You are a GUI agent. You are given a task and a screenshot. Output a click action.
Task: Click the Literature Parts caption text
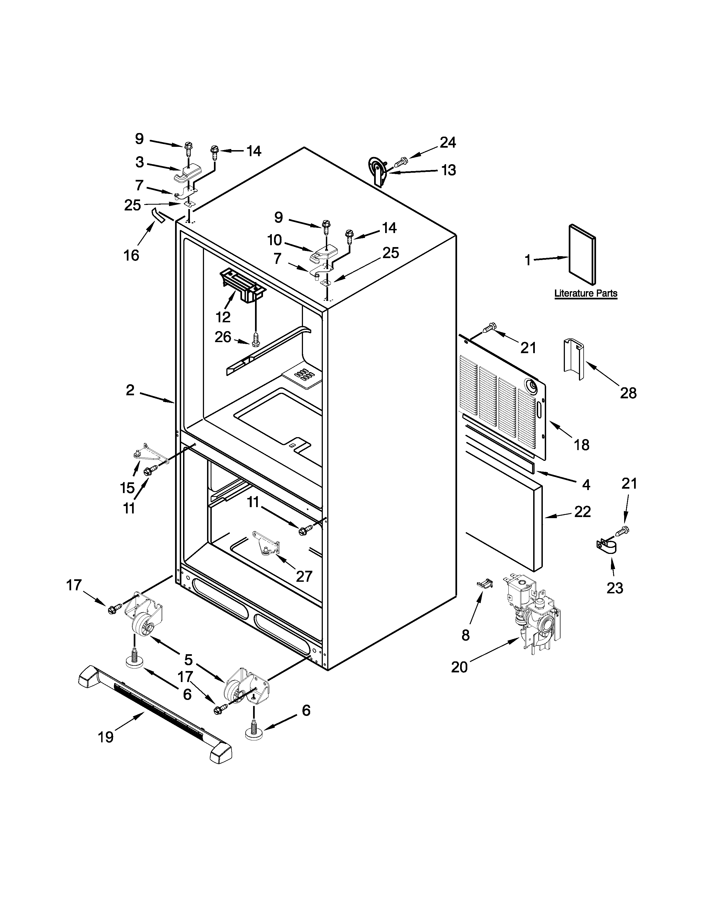586,293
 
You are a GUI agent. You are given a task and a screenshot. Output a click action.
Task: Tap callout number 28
628,393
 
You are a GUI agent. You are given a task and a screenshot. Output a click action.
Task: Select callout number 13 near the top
449,170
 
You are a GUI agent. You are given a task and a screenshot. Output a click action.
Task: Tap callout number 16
131,255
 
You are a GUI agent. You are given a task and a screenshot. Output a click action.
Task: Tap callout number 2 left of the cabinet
130,390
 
